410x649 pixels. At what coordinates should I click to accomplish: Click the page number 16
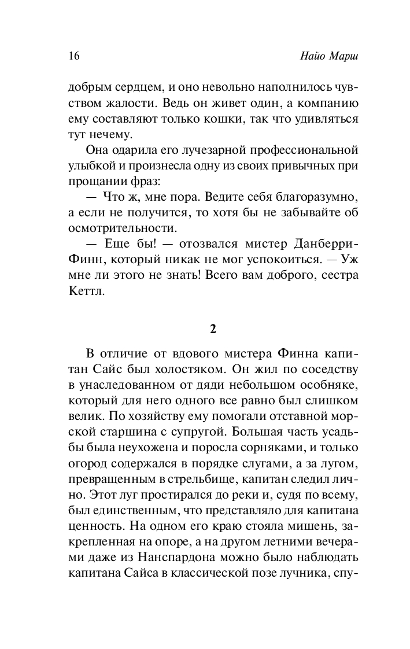(73, 56)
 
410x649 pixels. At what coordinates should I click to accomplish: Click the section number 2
(213, 329)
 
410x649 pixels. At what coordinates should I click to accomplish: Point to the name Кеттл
(85, 292)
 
